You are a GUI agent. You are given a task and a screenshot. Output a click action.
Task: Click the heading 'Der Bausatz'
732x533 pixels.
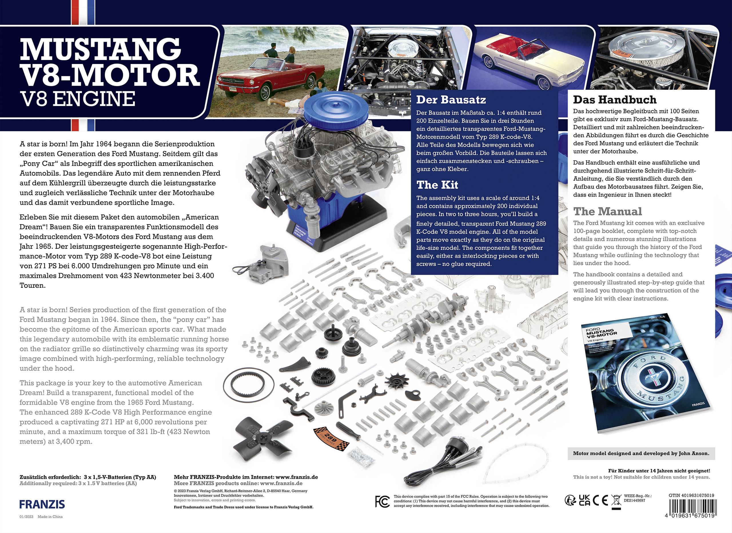click(x=451, y=100)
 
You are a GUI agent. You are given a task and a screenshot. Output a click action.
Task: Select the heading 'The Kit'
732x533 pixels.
click(x=437, y=185)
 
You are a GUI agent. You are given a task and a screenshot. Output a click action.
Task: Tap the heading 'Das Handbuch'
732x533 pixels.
click(x=614, y=99)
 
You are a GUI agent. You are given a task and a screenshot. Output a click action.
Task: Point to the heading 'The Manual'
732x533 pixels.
click(x=607, y=211)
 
